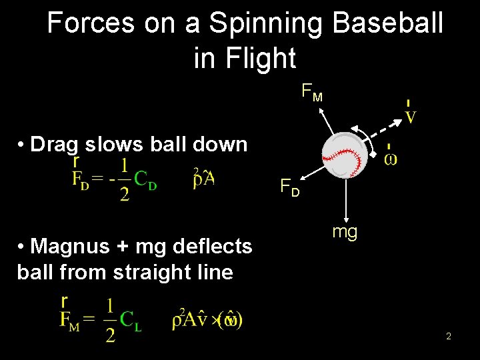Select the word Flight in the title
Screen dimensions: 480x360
(x=263, y=58)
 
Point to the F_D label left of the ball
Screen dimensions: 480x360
(x=289, y=187)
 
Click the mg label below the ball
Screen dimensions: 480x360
(x=345, y=232)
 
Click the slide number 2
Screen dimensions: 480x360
(x=449, y=337)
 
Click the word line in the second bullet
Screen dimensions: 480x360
(x=214, y=273)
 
